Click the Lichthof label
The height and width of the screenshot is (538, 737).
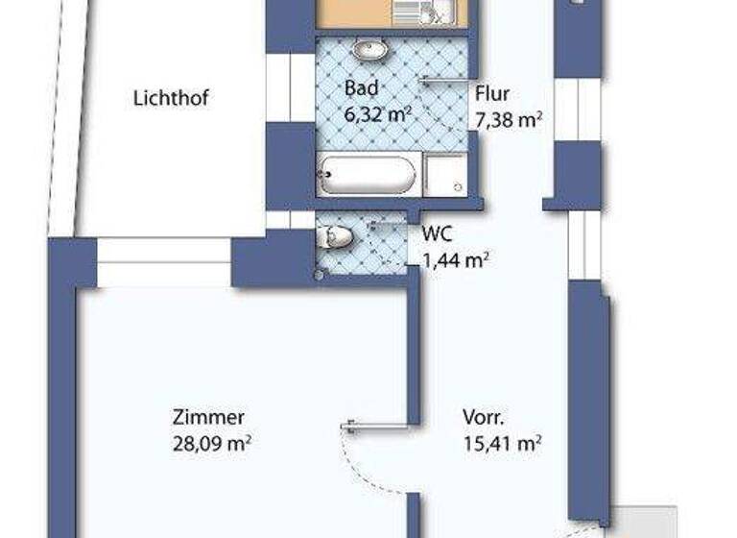pyautogui.click(x=171, y=97)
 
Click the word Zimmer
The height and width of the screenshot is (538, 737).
pyautogui.click(x=209, y=418)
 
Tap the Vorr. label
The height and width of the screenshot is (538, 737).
pyautogui.click(x=484, y=418)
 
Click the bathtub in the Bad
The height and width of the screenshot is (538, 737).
pyautogui.click(x=368, y=176)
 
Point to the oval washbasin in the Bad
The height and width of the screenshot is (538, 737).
pyautogui.click(x=368, y=49)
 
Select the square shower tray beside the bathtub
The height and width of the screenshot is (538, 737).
pyautogui.click(x=445, y=176)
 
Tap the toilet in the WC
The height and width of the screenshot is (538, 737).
pyautogui.click(x=337, y=236)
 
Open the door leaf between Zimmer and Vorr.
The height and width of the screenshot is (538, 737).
pyautogui.click(x=376, y=423)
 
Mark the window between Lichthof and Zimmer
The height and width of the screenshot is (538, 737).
pyautogui.click(x=164, y=262)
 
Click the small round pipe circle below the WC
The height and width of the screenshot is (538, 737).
pyautogui.click(x=320, y=277)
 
